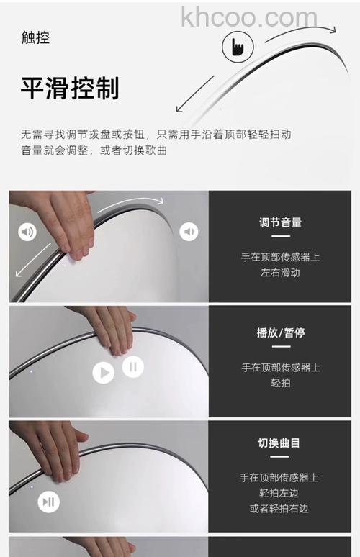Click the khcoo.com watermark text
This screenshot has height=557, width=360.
[248, 17]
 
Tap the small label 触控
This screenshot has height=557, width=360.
[35, 38]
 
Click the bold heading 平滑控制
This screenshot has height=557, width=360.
[70, 89]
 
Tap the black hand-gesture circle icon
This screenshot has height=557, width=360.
[237, 47]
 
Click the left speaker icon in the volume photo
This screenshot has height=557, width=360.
[27, 232]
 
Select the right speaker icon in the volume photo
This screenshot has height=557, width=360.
[189, 232]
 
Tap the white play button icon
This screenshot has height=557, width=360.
[104, 372]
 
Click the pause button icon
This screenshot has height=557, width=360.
[132, 367]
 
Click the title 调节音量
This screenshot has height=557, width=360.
[280, 222]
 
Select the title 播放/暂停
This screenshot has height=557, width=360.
[280, 333]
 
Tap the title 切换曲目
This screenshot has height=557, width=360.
[280, 443]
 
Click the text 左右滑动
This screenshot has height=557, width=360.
[280, 273]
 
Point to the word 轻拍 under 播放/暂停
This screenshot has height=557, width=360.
[280, 384]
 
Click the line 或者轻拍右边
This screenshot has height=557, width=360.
[279, 509]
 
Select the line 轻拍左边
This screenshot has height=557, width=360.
[280, 493]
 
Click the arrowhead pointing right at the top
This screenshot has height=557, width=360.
[330, 30]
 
